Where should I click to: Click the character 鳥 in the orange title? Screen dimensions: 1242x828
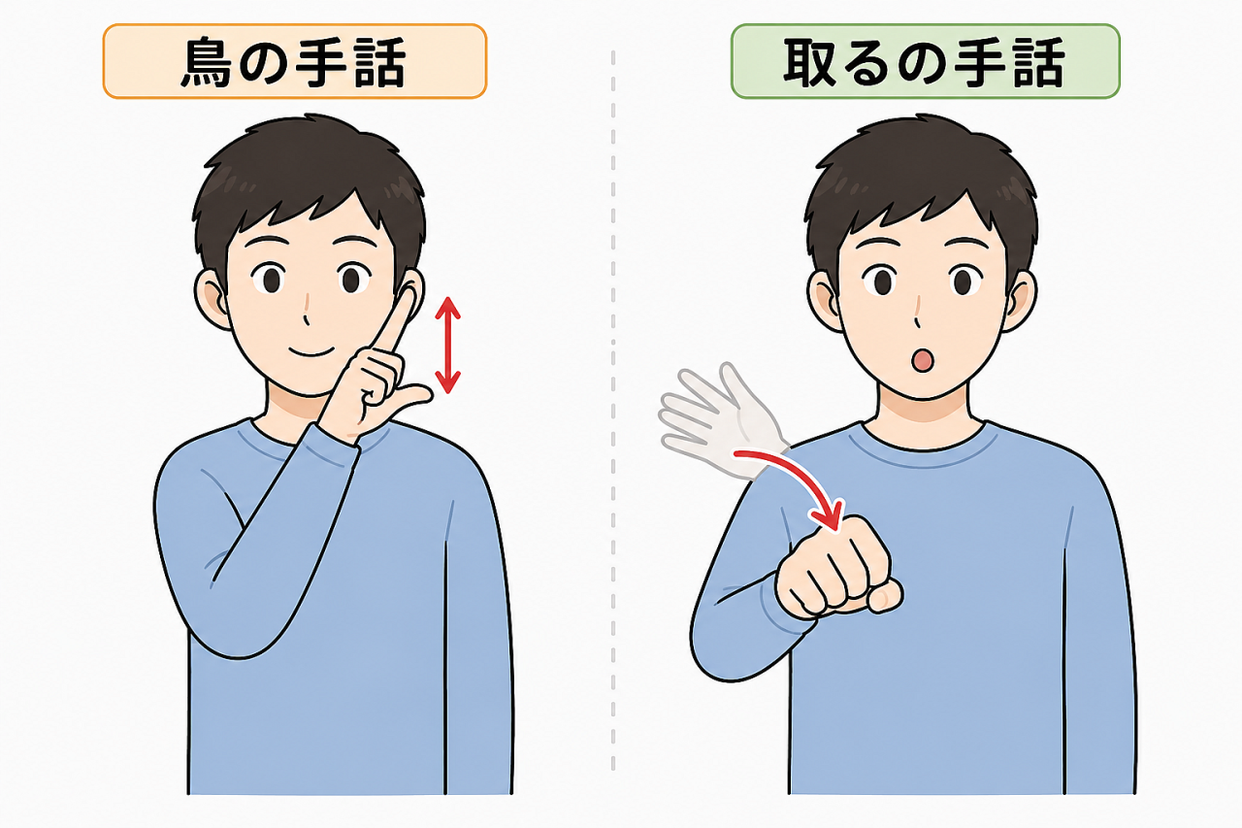[x=208, y=61]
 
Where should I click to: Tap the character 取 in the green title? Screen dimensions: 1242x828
[x=810, y=61]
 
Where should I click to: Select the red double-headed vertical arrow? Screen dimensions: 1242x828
[x=447, y=345]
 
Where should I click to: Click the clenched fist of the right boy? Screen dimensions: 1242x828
[x=836, y=569]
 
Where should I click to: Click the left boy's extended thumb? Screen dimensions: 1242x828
[x=409, y=398]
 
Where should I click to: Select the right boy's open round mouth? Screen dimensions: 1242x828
[x=922, y=360]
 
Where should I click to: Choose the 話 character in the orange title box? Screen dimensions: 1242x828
[x=378, y=61]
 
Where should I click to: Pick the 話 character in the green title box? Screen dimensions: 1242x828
[x=1037, y=61]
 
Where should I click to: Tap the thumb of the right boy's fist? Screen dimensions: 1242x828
[x=886, y=597]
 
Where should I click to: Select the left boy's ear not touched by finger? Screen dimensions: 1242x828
[x=211, y=300]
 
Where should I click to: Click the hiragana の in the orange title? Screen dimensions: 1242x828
[x=264, y=63]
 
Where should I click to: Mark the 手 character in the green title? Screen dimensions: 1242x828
[x=980, y=61]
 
